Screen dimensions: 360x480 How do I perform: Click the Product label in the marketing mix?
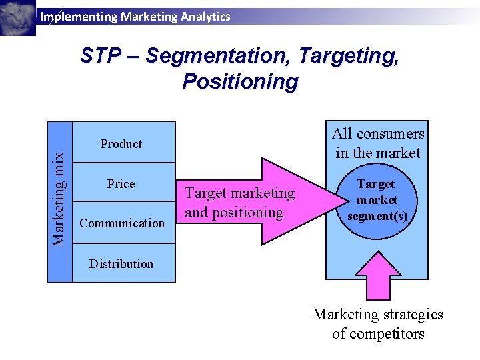point(121,144)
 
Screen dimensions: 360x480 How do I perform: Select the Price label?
point(121,184)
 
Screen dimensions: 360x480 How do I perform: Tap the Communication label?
point(122,223)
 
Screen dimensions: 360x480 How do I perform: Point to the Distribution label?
point(121,264)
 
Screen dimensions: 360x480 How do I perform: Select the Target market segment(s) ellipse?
point(377,201)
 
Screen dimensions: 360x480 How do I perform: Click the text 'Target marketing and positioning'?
point(239,203)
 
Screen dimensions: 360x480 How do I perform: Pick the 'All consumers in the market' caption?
point(378,143)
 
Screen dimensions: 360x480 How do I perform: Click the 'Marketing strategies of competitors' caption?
point(378,324)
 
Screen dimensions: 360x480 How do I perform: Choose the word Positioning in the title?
point(240,82)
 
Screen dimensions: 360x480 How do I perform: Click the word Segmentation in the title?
point(217,55)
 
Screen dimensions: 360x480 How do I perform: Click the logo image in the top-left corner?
point(17,17)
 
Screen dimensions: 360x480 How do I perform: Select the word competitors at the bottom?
point(378,333)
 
